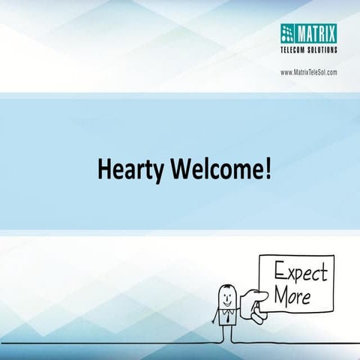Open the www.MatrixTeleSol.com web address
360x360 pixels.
pos(308,72)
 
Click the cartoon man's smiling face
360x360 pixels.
pos(225,298)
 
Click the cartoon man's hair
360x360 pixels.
pos(225,286)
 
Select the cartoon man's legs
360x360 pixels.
pos(225,335)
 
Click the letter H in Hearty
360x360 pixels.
pos(104,169)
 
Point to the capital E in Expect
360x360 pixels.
pos(279,272)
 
